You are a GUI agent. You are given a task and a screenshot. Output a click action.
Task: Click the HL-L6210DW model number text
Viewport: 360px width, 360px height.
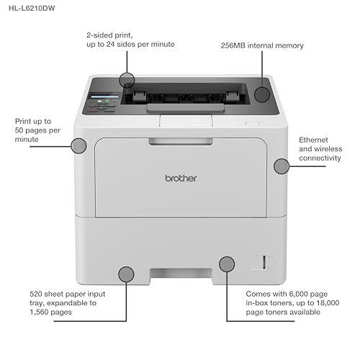click(x=32, y=8)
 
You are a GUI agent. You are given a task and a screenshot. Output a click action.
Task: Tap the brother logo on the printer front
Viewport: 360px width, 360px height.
click(x=181, y=179)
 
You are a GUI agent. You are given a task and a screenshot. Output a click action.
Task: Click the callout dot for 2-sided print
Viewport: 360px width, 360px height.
click(x=127, y=80)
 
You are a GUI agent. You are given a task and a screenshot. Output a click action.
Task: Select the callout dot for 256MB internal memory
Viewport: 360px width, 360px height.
click(x=262, y=94)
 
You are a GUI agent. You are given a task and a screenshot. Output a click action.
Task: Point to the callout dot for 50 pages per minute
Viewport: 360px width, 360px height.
click(x=78, y=146)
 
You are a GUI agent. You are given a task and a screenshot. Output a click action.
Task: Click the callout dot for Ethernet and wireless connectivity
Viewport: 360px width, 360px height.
click(x=282, y=166)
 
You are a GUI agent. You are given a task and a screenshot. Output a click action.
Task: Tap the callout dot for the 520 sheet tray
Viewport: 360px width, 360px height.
click(x=126, y=274)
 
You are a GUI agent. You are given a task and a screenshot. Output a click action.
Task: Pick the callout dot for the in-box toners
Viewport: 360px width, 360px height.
click(x=227, y=264)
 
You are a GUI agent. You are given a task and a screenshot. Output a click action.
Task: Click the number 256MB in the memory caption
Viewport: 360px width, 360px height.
click(x=233, y=45)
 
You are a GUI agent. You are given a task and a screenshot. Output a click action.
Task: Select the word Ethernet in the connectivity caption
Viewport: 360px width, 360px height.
click(x=313, y=140)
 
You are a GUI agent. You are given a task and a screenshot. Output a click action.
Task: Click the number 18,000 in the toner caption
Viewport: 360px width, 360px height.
click(x=328, y=303)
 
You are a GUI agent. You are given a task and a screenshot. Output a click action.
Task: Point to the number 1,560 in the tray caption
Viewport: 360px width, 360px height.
click(x=37, y=312)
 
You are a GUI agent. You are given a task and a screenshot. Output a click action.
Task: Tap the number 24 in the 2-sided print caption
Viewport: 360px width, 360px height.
click(x=110, y=44)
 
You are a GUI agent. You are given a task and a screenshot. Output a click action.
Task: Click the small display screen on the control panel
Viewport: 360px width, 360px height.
click(x=104, y=96)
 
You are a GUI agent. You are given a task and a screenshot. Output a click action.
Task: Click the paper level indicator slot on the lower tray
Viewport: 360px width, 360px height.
click(x=264, y=262)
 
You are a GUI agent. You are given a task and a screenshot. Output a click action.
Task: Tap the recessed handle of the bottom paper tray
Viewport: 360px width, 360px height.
click(x=181, y=274)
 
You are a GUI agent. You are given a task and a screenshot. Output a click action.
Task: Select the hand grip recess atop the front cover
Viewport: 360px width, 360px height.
click(x=181, y=141)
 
